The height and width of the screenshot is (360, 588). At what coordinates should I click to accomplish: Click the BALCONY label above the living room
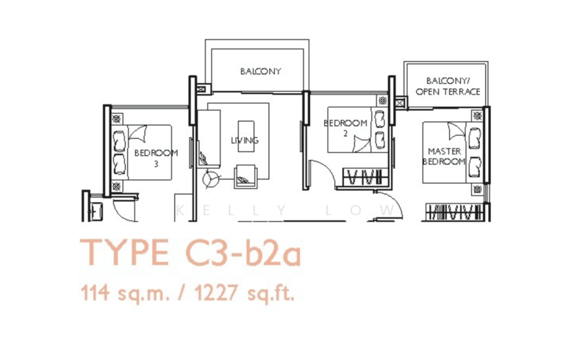pos(261,71)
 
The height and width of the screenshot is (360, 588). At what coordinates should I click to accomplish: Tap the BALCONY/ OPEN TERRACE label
pos(448,87)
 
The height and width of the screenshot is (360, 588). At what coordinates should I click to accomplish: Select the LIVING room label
pos(245,140)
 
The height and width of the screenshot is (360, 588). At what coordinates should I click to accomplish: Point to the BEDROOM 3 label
pos(156,158)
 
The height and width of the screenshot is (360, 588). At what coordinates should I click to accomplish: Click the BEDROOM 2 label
pos(345,128)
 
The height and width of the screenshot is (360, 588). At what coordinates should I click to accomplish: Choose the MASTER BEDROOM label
pos(444,156)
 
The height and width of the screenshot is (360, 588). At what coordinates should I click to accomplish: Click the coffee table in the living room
pos(246,136)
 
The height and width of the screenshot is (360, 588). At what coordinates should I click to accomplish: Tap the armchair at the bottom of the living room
pos(245,176)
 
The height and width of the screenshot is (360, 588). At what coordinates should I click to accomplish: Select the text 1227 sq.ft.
pos(245,293)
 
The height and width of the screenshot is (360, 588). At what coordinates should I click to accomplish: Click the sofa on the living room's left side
pos(209,139)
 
